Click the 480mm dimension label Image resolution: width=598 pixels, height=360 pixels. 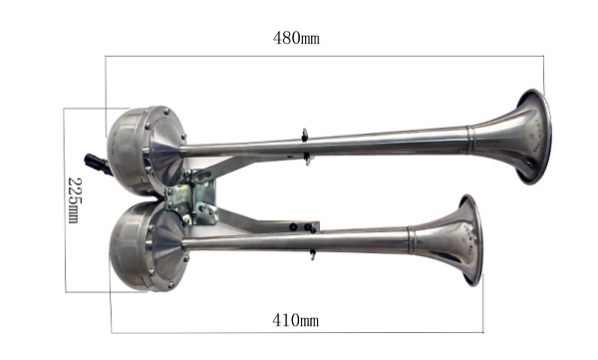pos(296,38)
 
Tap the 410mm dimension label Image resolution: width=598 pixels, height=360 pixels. pos(296,320)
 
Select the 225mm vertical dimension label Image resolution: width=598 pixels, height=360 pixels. pos(75,200)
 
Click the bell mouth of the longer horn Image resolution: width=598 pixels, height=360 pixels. pos(534,137)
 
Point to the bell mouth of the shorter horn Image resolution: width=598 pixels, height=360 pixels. pos(471,240)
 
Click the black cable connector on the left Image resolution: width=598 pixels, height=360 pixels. pos(98,165)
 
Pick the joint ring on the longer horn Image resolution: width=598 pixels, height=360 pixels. pos(470,140)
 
